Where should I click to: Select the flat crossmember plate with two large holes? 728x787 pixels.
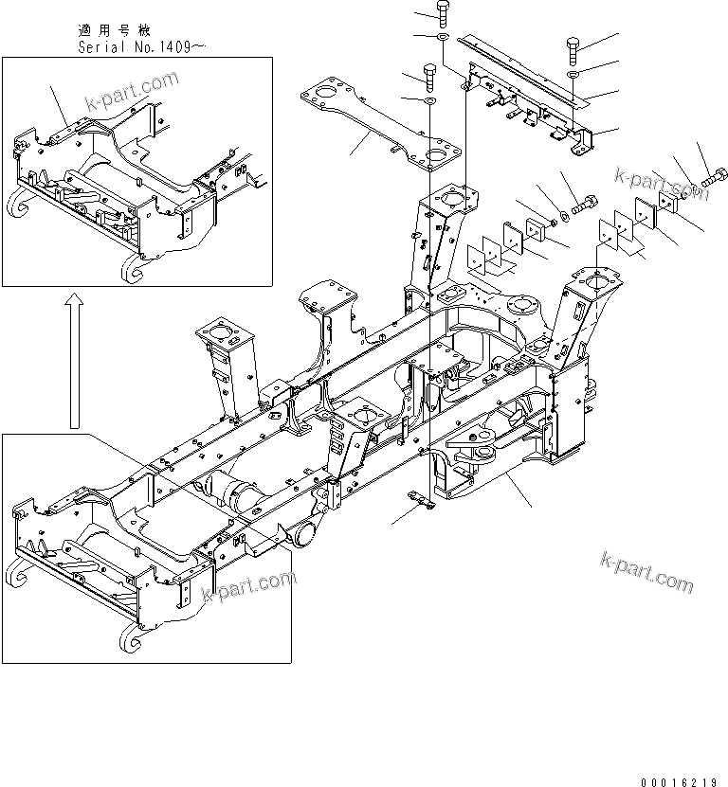[x=379, y=128]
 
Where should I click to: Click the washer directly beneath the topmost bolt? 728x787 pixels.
[x=442, y=38]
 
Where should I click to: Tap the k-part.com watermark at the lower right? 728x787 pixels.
[x=646, y=572]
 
